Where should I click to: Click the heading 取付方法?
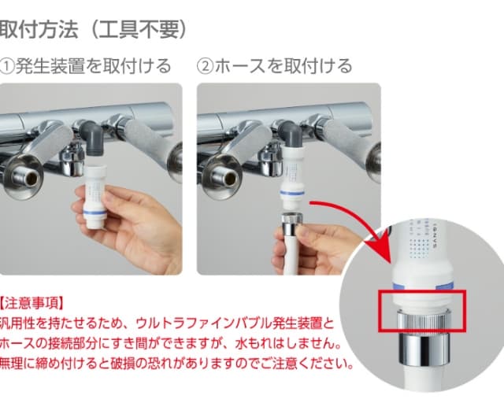(x=39, y=30)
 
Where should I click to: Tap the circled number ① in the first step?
(x=6, y=66)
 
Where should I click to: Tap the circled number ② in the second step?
(x=205, y=66)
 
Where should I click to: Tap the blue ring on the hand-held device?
(x=94, y=212)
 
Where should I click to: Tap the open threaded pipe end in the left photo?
(x=27, y=176)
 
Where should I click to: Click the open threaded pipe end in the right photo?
(x=227, y=176)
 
